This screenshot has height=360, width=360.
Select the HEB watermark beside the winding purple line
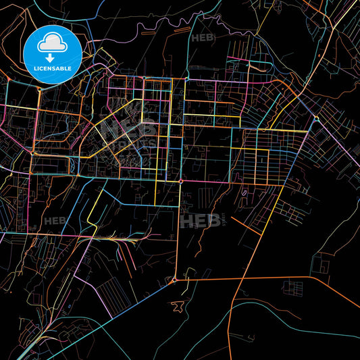202,38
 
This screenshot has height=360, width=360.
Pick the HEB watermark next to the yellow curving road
55,220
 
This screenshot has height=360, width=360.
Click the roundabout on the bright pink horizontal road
180,181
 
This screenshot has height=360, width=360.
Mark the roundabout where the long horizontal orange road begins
174,280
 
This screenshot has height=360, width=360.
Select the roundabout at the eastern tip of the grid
316,120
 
